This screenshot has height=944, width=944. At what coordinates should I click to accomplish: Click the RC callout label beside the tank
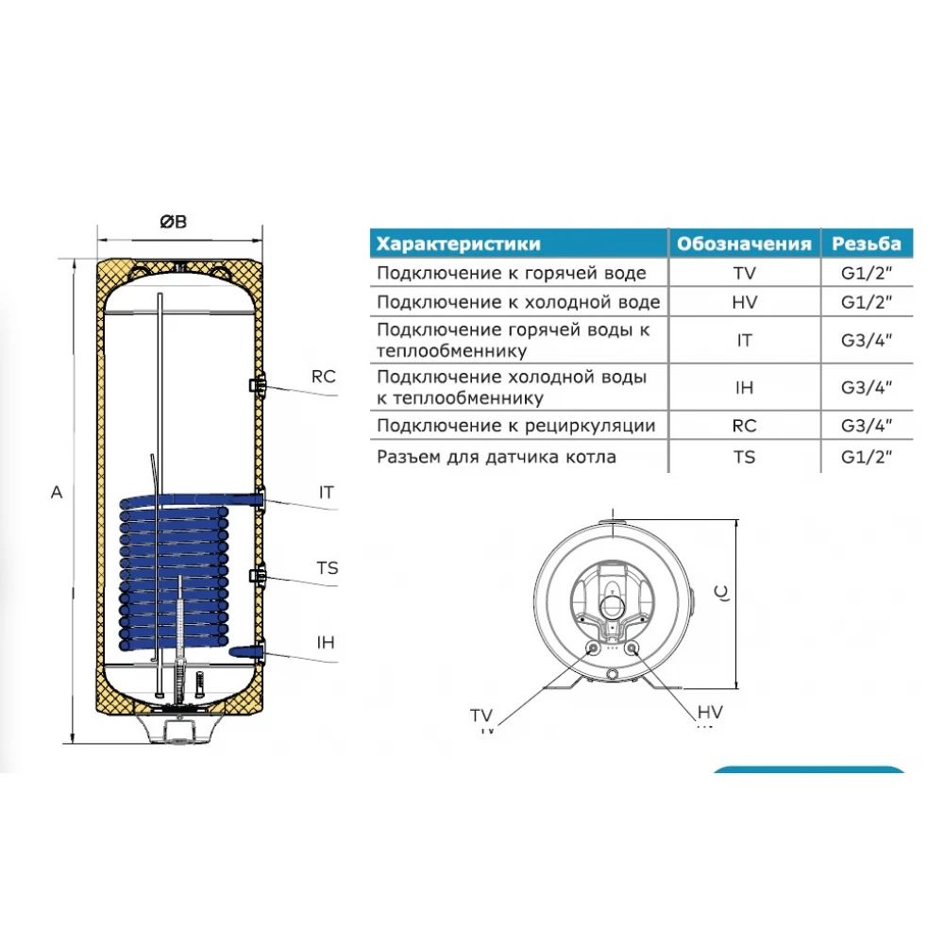point(323,377)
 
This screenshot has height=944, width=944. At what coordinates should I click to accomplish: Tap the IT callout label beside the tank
point(326,493)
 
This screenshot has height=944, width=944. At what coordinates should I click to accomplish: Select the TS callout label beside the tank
point(328,567)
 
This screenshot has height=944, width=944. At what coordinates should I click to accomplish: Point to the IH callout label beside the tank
point(326,642)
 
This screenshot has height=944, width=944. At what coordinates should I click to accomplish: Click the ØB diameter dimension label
point(174,222)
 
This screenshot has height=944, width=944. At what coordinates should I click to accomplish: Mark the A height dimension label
point(57,493)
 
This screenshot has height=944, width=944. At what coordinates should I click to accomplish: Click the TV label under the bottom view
point(481,716)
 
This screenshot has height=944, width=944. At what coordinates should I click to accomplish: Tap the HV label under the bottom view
point(710,712)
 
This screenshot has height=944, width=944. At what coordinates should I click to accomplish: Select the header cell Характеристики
point(458,244)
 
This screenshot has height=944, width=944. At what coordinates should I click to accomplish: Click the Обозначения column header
point(744,244)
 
